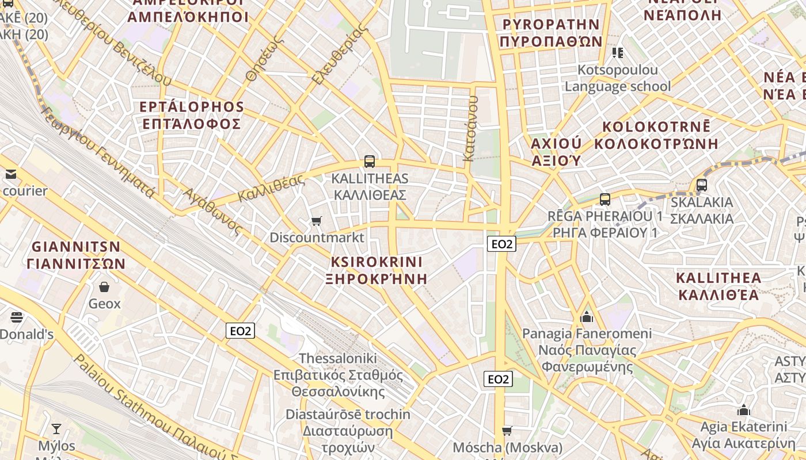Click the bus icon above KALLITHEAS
(370, 162)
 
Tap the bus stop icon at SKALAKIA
(701, 185)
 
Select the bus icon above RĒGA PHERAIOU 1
(604, 200)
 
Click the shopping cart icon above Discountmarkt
(316, 221)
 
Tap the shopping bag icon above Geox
(104, 286)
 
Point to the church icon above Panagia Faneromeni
(587, 317)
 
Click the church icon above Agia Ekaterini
(743, 411)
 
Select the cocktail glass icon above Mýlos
(56, 429)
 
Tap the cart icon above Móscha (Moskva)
(507, 431)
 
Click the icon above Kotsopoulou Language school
(618, 53)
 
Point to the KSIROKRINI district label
(377, 262)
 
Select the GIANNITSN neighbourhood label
(76, 247)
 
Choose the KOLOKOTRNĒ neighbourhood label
(656, 126)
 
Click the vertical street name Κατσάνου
(470, 128)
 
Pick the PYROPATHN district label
(551, 24)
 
